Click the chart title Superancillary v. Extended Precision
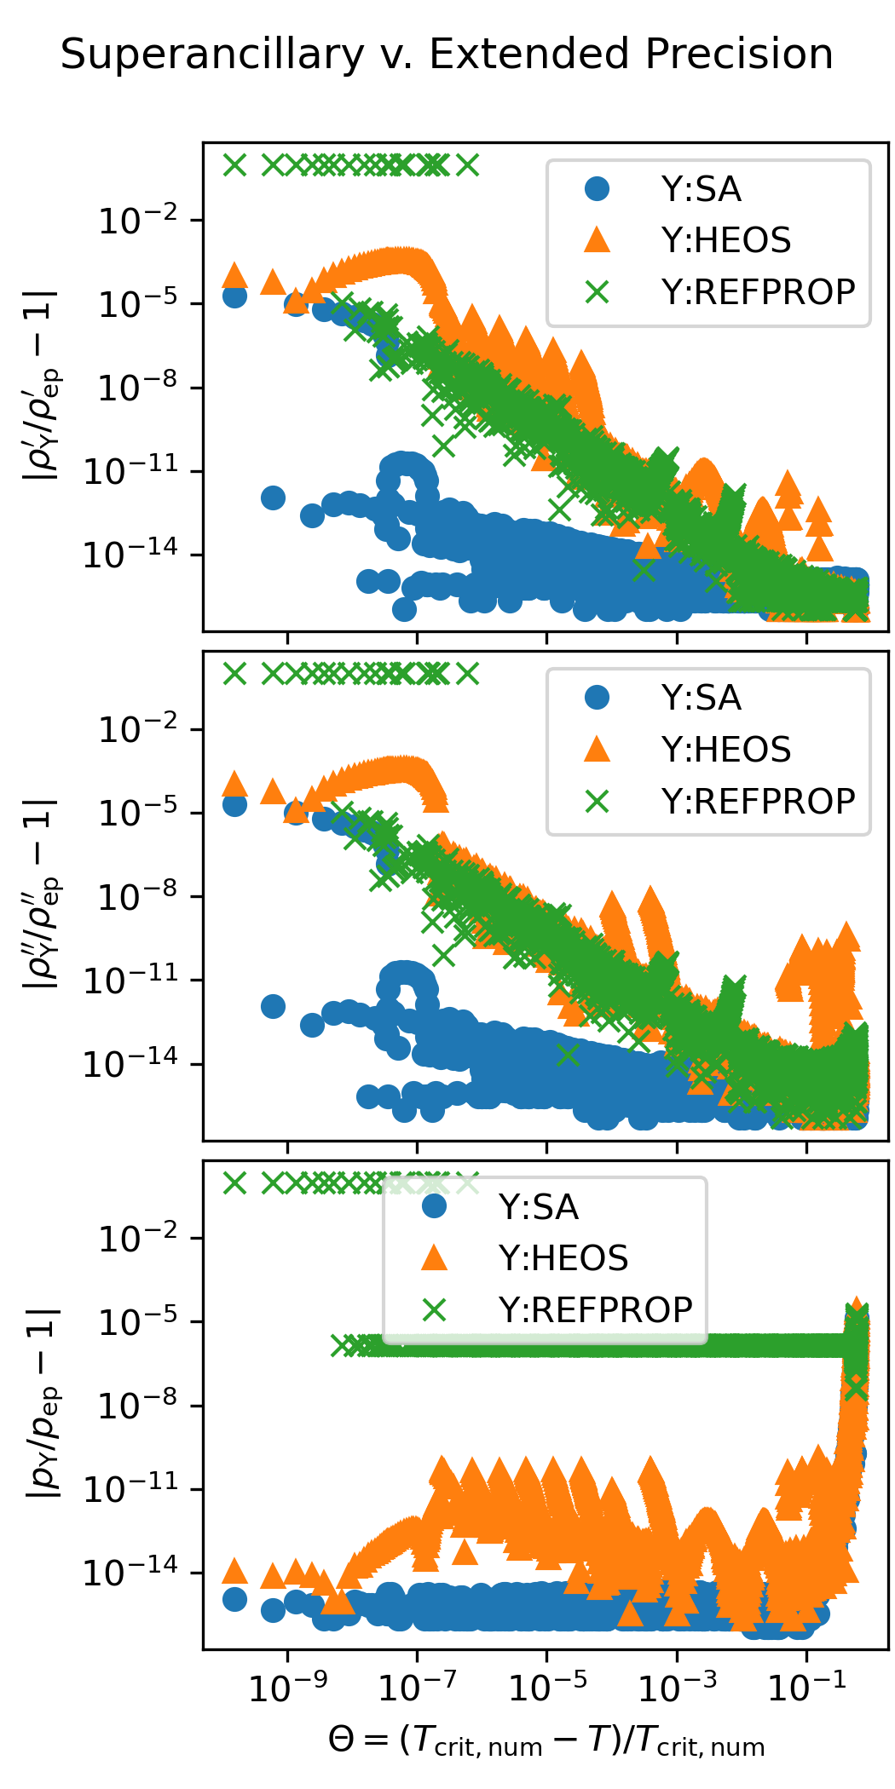(x=447, y=55)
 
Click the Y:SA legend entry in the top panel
(x=701, y=189)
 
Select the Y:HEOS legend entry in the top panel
(x=725, y=241)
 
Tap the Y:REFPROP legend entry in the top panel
(x=758, y=292)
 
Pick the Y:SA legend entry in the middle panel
(x=701, y=699)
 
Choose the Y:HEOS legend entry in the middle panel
(x=725, y=750)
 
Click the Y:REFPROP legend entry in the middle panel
(x=758, y=802)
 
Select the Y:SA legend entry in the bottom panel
(x=538, y=1207)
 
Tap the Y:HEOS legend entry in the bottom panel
(x=563, y=1258)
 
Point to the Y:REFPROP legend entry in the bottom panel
(x=595, y=1310)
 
